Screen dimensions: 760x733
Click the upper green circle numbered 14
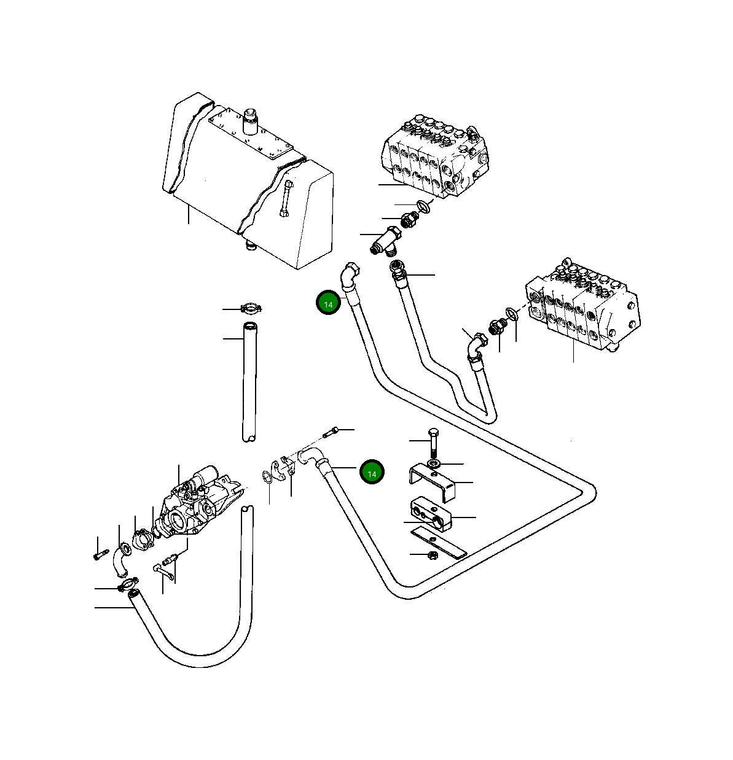pyautogui.click(x=328, y=304)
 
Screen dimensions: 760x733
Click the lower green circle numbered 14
pyautogui.click(x=371, y=473)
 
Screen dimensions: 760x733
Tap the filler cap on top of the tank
pyautogui.click(x=250, y=121)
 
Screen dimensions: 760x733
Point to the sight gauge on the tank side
pyautogui.click(x=286, y=198)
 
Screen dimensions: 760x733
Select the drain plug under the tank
pyautogui.click(x=250, y=246)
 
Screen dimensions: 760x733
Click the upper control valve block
pyautogui.click(x=433, y=157)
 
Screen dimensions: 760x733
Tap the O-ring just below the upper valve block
pyautogui.click(x=424, y=206)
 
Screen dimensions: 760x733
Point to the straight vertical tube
pyautogui.click(x=249, y=381)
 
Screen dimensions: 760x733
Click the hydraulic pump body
pyautogui.click(x=194, y=500)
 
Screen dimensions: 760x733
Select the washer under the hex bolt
pyautogui.click(x=434, y=462)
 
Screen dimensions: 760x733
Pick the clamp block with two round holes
pyautogui.click(x=431, y=514)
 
